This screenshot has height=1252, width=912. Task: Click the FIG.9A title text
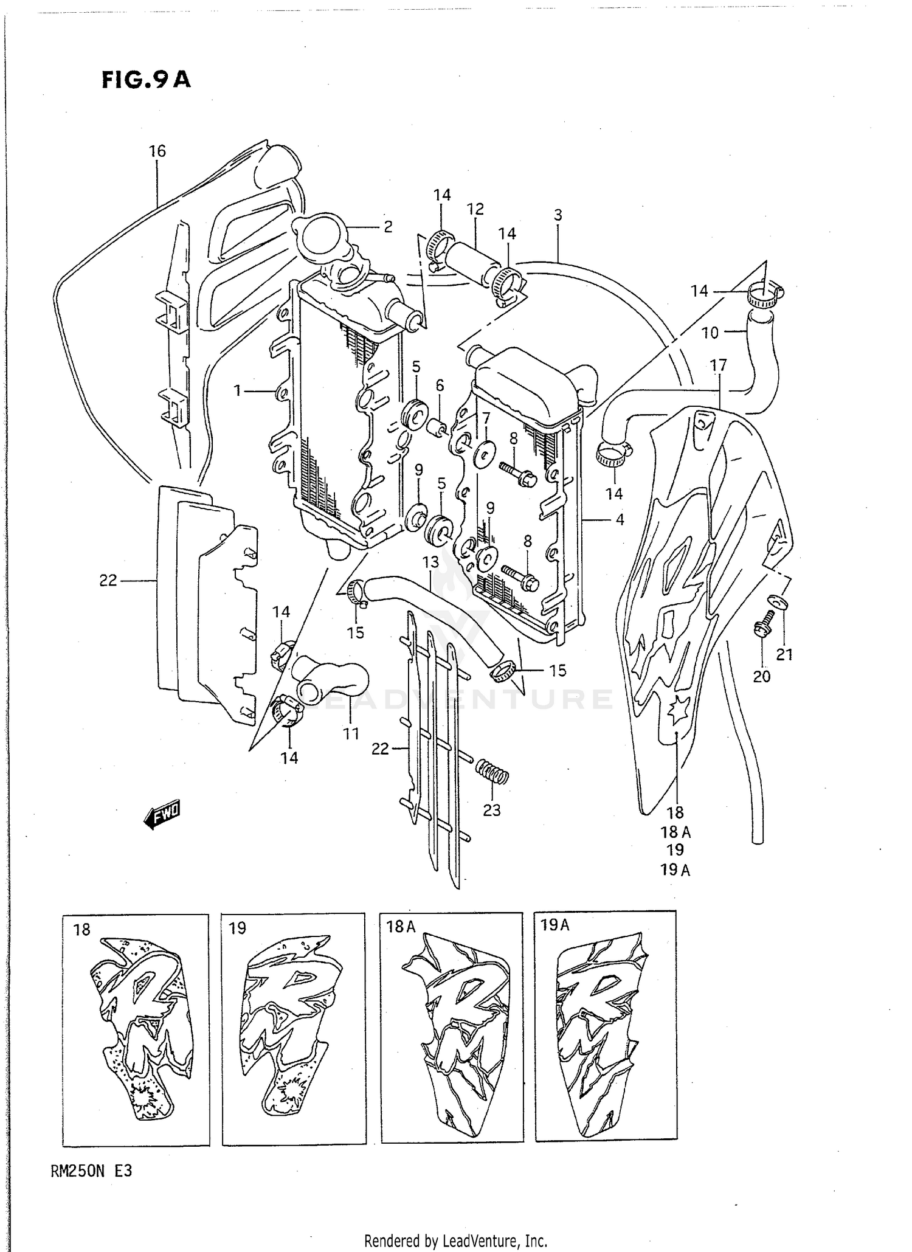click(146, 80)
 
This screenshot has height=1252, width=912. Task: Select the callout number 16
click(157, 151)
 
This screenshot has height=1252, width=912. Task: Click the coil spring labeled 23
click(491, 772)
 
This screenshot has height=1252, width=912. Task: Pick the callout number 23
click(491, 810)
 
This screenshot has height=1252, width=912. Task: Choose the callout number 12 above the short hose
click(475, 209)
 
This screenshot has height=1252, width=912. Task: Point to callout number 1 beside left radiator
click(238, 391)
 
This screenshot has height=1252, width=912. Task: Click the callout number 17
click(718, 365)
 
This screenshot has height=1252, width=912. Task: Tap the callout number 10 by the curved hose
click(710, 333)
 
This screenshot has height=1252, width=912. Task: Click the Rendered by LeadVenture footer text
click(455, 1240)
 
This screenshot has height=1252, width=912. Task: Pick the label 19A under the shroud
click(675, 870)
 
